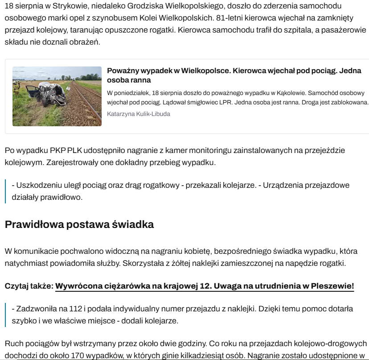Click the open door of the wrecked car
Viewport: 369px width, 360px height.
[x=33, y=94]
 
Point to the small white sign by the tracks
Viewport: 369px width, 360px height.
[x=68, y=89]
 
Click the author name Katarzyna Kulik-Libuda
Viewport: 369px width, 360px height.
[x=139, y=114]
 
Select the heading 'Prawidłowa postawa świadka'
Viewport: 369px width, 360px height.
[x=79, y=224]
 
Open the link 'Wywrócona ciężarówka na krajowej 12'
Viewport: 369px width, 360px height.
[x=205, y=286]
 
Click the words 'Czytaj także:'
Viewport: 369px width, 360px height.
[x=29, y=286]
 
